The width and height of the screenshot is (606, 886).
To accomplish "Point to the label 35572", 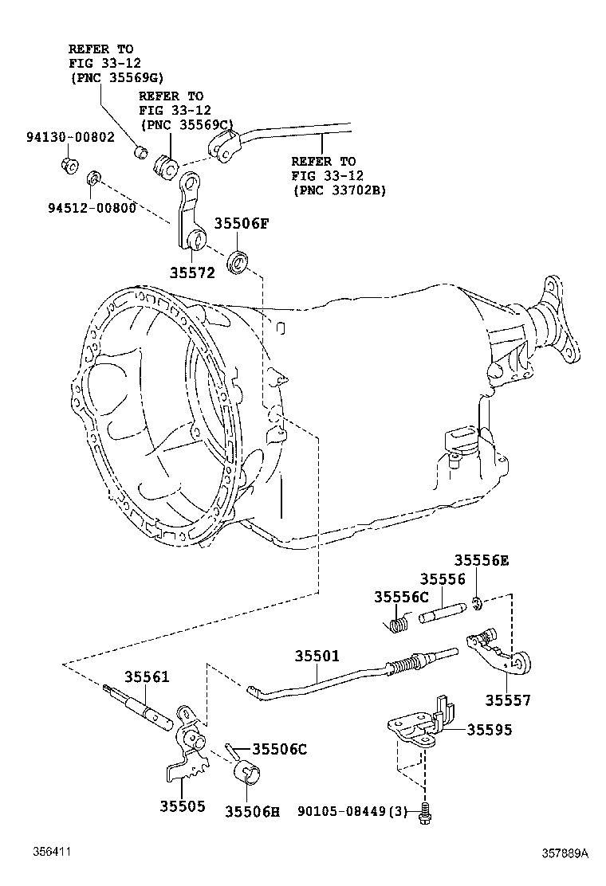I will tap(192, 272).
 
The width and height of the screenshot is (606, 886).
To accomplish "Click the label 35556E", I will tap(481, 560).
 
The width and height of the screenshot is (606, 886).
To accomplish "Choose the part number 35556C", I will tap(402, 596).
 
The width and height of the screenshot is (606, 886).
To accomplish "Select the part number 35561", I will tap(147, 677).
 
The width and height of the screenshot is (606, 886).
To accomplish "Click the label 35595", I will tap(490, 728).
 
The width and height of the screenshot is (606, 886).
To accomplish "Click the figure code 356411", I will tap(52, 853).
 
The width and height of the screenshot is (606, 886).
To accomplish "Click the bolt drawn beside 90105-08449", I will tap(425, 811).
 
